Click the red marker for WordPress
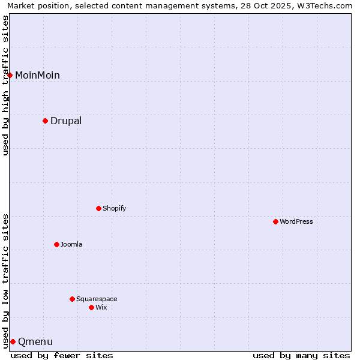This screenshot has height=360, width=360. pyautogui.click(x=275, y=221)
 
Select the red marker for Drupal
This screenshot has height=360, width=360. pyautogui.click(x=45, y=121)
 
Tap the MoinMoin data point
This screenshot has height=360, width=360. pyautogui.click(x=10, y=75)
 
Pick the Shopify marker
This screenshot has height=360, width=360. pyautogui.click(x=98, y=208)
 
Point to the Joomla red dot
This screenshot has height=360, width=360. pyautogui.click(x=56, y=244)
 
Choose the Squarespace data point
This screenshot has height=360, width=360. pyautogui.click(x=72, y=299)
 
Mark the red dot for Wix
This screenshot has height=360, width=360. pyautogui.click(x=91, y=307)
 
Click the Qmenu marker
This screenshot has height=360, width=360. pyautogui.click(x=13, y=341)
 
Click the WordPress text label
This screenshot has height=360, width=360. pyautogui.click(x=296, y=221)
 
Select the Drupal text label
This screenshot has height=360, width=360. pyautogui.click(x=66, y=121)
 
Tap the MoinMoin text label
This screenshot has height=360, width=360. pyautogui.click(x=37, y=75)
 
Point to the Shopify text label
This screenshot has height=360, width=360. pyautogui.click(x=114, y=208)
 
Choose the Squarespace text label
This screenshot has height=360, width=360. pyautogui.click(x=97, y=299)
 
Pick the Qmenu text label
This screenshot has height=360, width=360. pyautogui.click(x=35, y=342)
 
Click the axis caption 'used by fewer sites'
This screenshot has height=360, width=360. pyautogui.click(x=62, y=355)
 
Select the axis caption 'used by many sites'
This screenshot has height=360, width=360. pyautogui.click(x=301, y=355)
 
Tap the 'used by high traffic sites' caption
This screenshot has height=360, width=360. pyautogui.click(x=5, y=85)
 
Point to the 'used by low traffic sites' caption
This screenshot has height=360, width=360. pyautogui.click(x=5, y=280)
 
